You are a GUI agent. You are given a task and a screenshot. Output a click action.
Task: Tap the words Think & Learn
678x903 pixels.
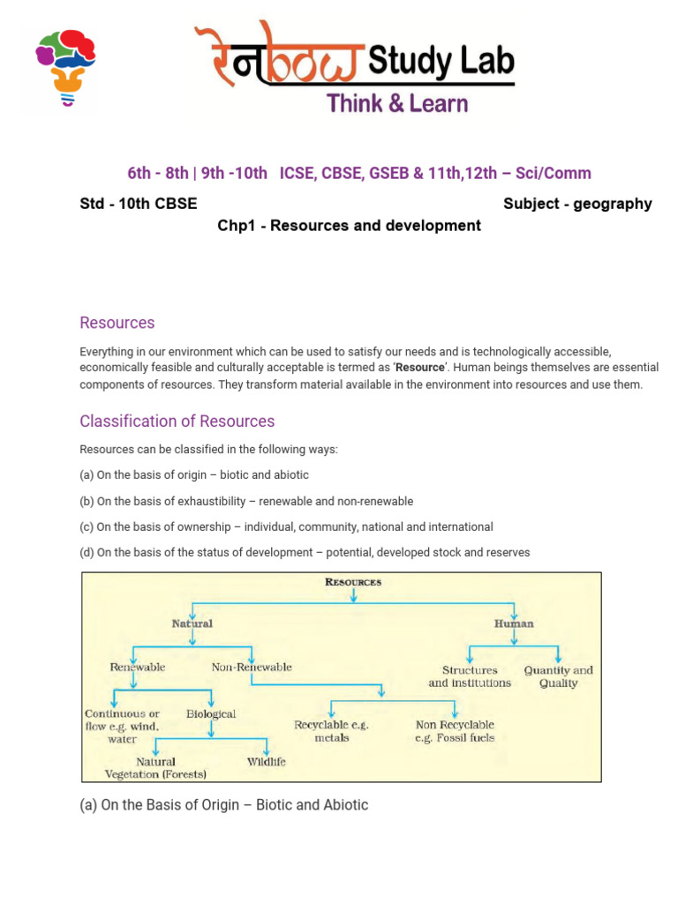[397, 104]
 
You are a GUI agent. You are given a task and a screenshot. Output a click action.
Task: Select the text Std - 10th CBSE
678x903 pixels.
[139, 204]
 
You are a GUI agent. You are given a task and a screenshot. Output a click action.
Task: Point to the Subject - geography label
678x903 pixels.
[577, 204]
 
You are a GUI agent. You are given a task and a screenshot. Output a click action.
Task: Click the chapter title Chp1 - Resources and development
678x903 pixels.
[349, 226]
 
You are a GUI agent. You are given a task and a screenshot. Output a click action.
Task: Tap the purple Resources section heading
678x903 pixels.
[117, 323]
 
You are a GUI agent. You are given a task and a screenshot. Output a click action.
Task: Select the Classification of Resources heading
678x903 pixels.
[177, 421]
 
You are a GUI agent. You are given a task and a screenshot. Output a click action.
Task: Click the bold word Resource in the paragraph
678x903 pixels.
[419, 367]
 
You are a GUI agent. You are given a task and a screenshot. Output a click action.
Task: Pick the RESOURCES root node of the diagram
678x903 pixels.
[353, 582]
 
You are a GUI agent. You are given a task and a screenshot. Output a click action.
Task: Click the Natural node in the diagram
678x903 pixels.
[192, 623]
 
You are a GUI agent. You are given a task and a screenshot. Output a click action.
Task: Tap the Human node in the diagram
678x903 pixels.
[514, 623]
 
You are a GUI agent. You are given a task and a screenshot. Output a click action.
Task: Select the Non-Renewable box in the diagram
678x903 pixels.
[252, 668]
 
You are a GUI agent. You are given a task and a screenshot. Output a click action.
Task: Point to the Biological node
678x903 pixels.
[211, 713]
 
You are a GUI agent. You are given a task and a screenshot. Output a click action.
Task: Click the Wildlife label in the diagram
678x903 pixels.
[266, 761]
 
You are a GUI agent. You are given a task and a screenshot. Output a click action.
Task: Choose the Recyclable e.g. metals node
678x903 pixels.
[331, 731]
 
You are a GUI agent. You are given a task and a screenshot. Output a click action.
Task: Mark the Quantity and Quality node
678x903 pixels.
[558, 676]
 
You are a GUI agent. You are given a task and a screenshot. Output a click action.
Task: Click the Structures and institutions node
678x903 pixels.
[470, 676]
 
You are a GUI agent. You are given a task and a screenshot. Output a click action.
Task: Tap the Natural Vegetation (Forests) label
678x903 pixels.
[155, 768]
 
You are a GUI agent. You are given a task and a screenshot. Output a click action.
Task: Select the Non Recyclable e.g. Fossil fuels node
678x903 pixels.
[455, 731]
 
